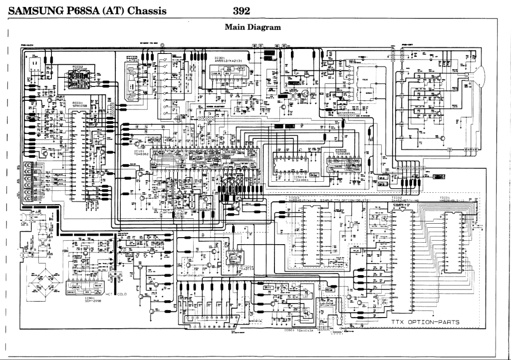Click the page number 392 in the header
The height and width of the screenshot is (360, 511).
point(241,10)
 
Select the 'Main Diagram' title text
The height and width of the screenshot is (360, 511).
point(253,27)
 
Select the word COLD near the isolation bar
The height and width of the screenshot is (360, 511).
point(122,294)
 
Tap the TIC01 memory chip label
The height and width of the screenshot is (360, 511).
point(445,198)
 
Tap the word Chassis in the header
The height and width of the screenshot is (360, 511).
point(147,10)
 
